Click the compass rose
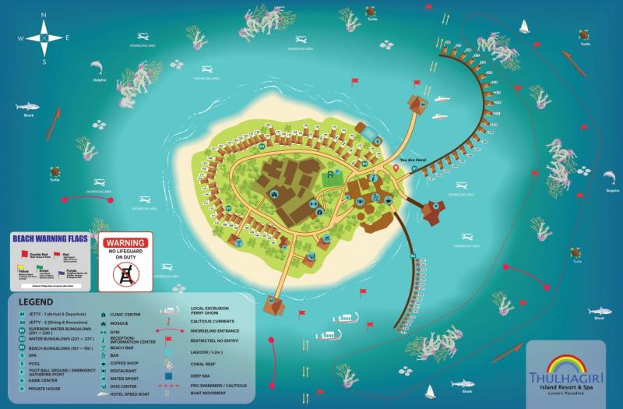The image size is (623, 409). pos(44,36)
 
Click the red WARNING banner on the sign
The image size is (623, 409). pos(125,243)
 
